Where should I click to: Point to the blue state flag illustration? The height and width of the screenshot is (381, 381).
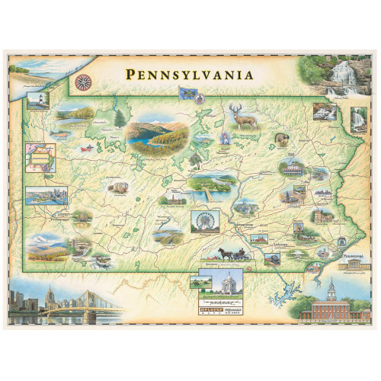tap(186, 94)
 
